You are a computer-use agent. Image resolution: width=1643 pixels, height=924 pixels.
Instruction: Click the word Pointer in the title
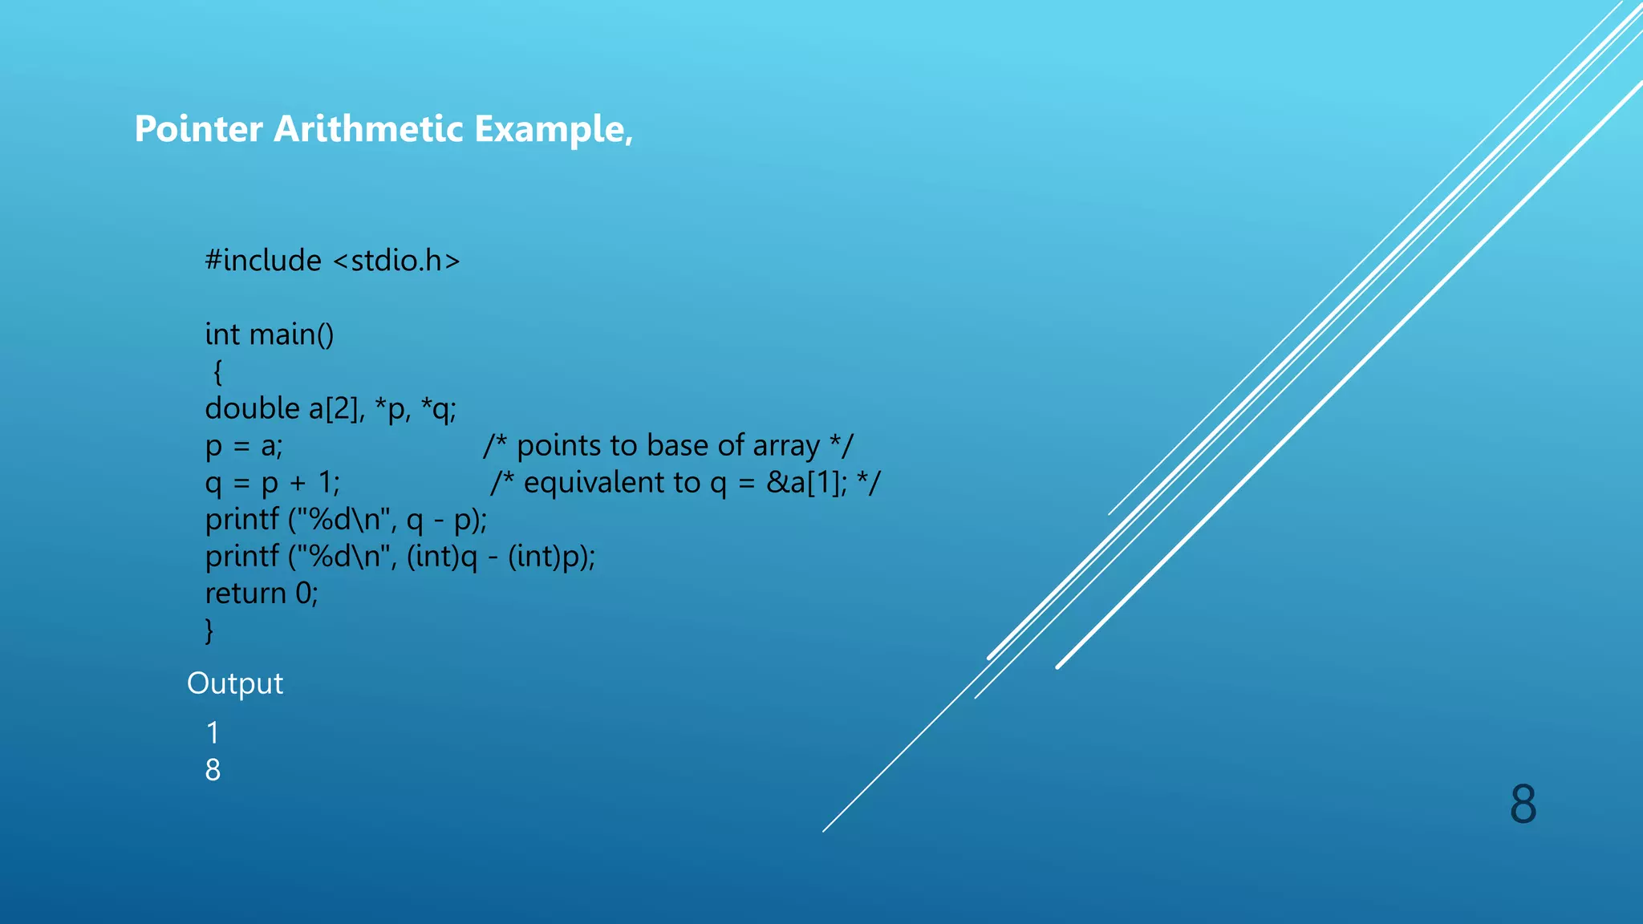point(198,129)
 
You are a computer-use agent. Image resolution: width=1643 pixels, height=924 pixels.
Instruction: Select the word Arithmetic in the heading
point(368,129)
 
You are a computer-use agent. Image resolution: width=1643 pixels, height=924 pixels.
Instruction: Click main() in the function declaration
point(292,334)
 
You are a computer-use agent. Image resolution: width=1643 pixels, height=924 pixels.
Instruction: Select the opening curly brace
point(217,372)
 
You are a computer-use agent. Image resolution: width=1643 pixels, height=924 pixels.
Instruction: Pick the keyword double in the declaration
point(252,409)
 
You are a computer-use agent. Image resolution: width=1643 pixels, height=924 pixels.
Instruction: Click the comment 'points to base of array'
point(668,446)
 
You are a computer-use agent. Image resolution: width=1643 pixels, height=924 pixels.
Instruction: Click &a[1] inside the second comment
point(805,483)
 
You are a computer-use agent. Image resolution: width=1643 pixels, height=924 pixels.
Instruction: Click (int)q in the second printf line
point(442,557)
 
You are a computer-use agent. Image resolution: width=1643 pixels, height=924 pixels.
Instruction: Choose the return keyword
point(245,594)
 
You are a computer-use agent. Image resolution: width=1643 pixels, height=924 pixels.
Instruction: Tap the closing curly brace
point(209,630)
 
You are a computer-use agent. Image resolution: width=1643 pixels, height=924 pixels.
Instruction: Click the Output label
point(235,683)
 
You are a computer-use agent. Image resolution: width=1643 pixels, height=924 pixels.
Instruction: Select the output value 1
point(213,732)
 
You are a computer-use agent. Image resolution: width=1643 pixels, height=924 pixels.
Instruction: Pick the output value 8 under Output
point(213,770)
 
